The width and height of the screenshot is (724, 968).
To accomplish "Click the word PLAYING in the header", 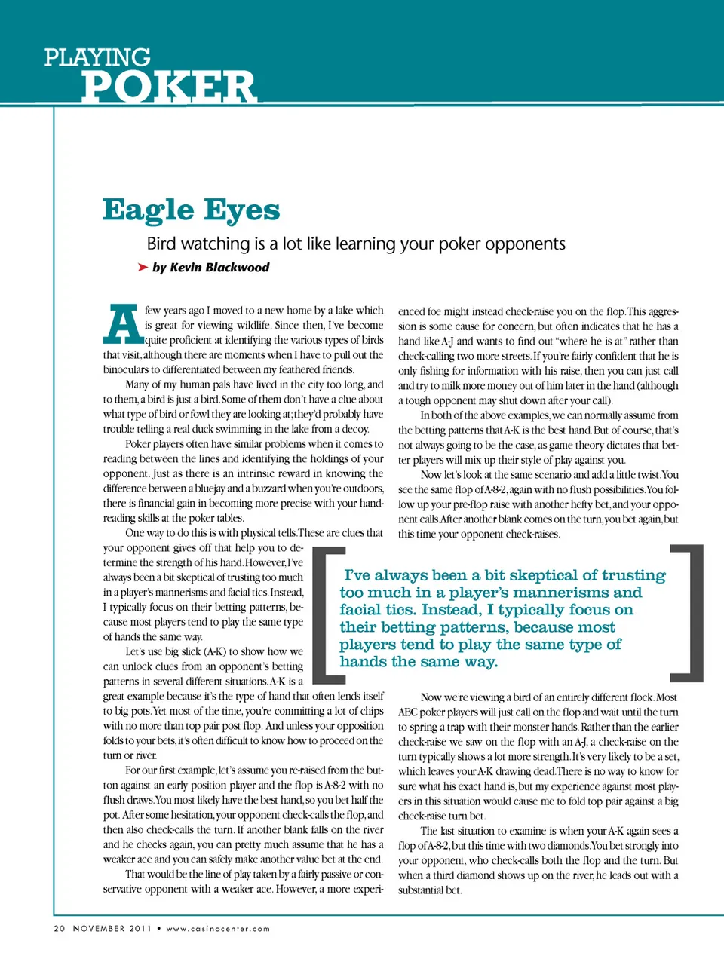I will point(97,57).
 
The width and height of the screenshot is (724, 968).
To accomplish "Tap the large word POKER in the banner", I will point(169,87).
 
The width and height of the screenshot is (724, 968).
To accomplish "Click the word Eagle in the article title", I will point(149,210).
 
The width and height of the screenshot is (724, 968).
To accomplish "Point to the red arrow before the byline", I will point(143,267).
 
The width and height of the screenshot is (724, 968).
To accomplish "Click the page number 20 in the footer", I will point(59,928).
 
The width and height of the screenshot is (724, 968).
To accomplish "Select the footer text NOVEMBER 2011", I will point(112,928).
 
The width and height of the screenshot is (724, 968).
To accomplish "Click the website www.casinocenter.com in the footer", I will point(218,928).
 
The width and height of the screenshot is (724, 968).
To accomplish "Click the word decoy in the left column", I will point(355,429).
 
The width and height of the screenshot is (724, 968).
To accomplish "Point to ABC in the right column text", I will point(408,712).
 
